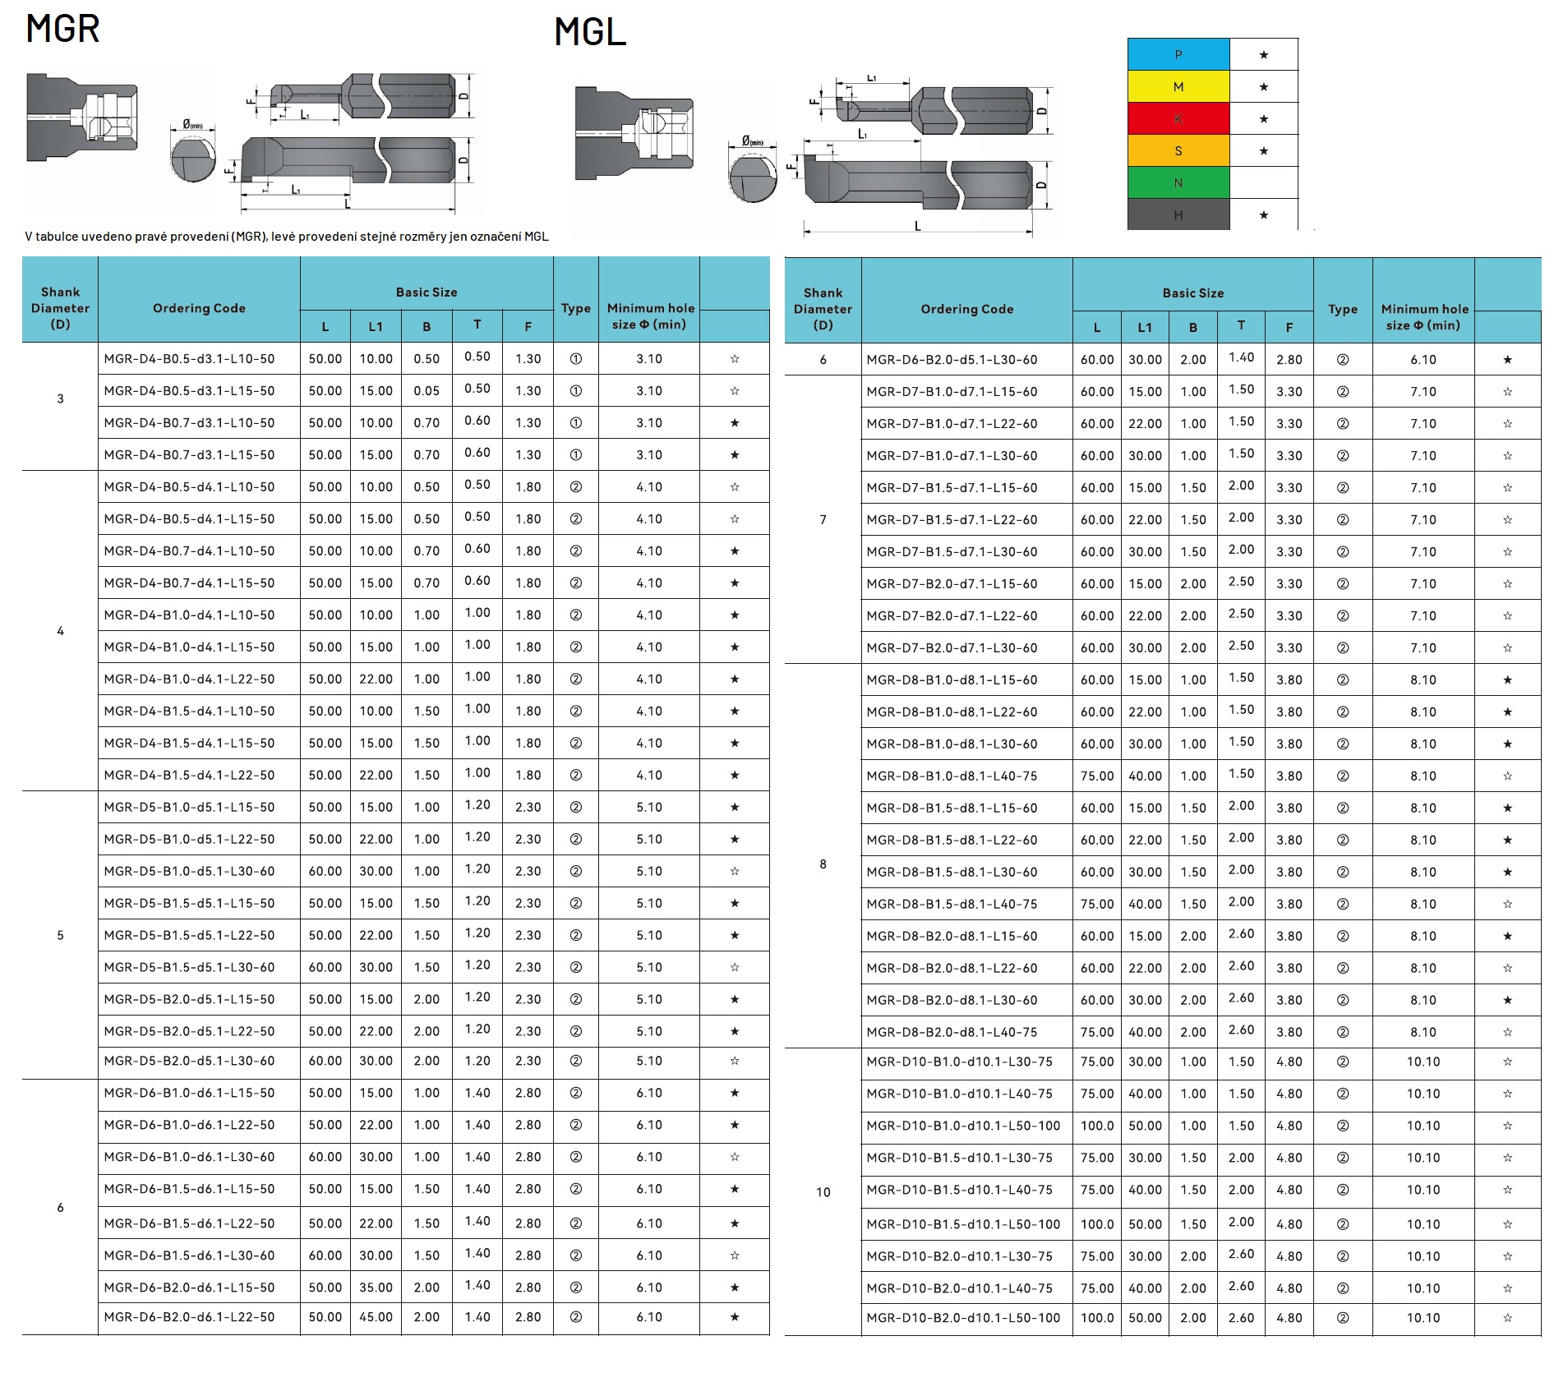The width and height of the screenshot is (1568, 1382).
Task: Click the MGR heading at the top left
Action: pos(63,29)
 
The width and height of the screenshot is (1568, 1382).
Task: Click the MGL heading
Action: pos(590,33)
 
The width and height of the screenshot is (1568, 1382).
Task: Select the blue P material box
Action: pos(1178,54)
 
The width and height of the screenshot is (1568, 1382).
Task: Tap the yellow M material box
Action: pos(1178,86)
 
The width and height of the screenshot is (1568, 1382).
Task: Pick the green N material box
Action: pos(1178,182)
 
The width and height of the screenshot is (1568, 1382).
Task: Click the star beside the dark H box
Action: pos(1264,215)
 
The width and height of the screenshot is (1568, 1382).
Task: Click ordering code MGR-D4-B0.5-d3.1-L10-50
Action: pos(189,359)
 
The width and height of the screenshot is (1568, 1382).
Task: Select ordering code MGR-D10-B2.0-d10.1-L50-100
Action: pos(963,1318)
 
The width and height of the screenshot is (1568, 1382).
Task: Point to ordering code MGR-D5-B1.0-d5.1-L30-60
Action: pos(189,871)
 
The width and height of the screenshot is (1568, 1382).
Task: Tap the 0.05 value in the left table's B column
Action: pos(427,391)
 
